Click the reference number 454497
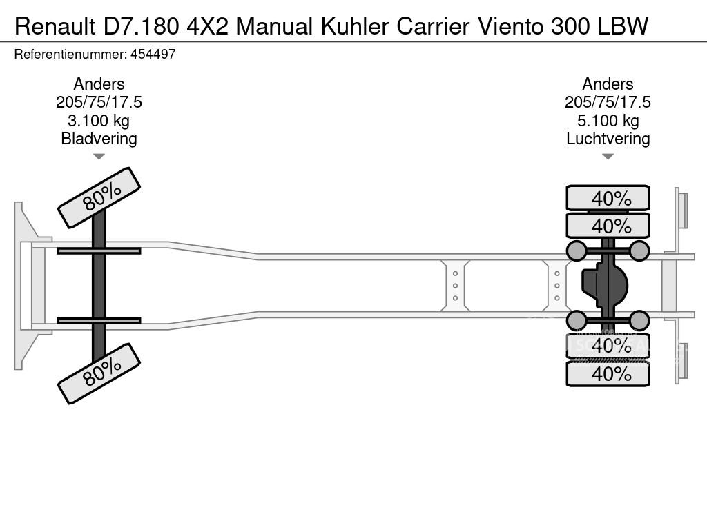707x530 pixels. (148, 55)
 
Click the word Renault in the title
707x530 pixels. (52, 26)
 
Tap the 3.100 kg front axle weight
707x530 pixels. (99, 121)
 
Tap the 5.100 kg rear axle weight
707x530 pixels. (608, 121)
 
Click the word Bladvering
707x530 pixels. (99, 139)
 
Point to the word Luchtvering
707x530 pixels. (608, 139)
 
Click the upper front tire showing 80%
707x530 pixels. (99, 197)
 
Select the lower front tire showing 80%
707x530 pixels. (99, 373)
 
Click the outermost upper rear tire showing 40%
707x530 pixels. (608, 198)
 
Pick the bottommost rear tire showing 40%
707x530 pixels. (608, 374)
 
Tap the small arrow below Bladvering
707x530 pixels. (99, 157)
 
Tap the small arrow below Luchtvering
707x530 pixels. (608, 157)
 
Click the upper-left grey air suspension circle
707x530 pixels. (577, 251)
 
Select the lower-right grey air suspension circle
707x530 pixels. (639, 320)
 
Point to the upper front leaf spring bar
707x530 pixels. (99, 251)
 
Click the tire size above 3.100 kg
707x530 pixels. (99, 102)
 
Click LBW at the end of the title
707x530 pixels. (623, 26)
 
